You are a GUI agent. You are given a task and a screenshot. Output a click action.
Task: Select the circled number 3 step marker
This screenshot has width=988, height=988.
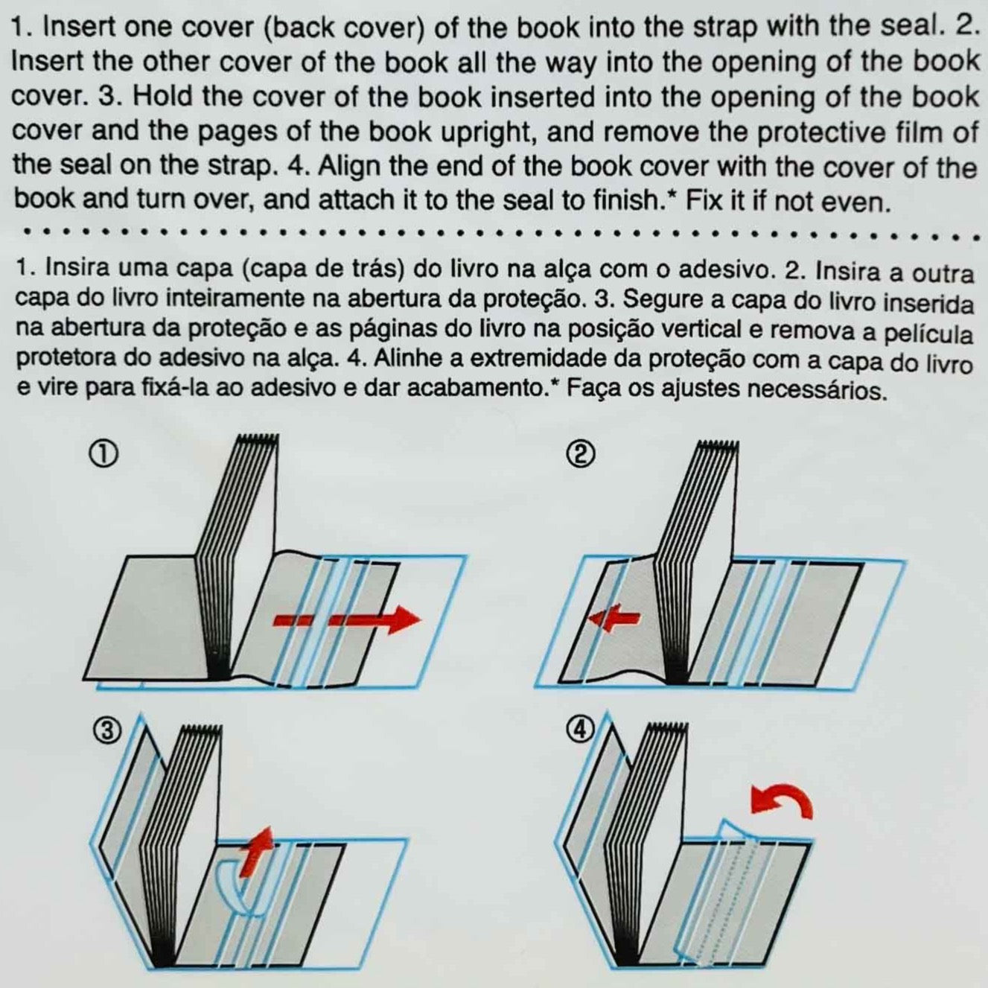[106, 731]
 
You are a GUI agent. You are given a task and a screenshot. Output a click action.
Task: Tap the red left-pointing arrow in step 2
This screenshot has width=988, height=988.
[613, 618]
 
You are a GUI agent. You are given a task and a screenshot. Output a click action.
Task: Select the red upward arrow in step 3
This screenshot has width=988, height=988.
[257, 849]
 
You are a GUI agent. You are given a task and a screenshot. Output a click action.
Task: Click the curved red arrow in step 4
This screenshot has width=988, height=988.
[782, 803]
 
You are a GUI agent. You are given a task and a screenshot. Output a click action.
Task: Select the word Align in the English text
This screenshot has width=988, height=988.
[351, 167]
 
